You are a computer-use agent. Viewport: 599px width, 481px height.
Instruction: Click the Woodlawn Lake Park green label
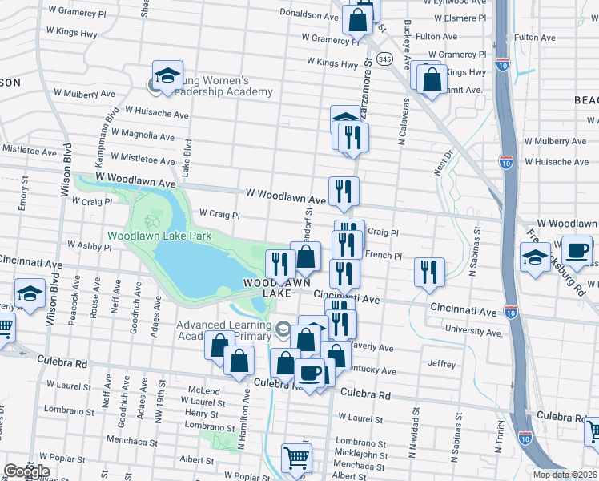pos(159,236)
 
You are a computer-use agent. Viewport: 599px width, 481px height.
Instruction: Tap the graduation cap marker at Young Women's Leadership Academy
pos(168,77)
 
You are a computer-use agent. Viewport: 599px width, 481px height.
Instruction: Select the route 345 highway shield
pos(385,59)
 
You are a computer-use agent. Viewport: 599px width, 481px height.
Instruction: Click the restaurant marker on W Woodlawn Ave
pos(344,191)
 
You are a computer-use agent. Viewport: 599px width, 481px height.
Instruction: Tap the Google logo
pos(26,471)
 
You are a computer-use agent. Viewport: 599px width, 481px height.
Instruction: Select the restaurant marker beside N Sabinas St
pos(430,272)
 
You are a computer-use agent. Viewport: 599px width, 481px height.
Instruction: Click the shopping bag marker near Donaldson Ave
pos(358,18)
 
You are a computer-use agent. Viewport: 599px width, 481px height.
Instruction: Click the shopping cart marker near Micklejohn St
pos(296,458)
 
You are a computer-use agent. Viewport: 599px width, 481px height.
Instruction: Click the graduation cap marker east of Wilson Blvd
pos(30,293)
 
